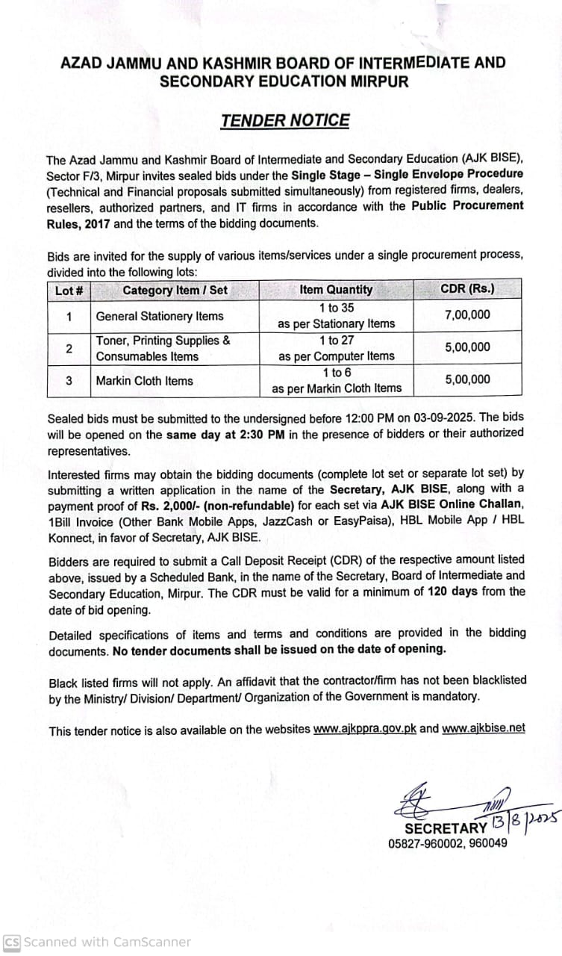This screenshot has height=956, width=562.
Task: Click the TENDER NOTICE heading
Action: (x=285, y=120)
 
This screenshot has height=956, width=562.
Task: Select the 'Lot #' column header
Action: (x=68, y=290)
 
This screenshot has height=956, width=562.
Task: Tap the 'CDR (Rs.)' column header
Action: (x=467, y=289)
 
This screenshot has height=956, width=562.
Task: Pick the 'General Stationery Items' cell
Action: (x=160, y=316)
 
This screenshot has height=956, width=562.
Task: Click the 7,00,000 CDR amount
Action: (x=467, y=314)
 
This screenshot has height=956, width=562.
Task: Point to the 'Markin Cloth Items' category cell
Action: (x=144, y=380)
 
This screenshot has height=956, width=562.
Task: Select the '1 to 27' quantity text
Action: (x=336, y=341)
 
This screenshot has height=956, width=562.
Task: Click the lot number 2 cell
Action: (x=69, y=348)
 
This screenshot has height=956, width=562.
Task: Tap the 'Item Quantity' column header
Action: (x=336, y=290)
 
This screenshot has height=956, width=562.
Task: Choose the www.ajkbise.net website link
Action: (x=484, y=728)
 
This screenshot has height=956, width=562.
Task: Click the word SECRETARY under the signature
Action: (x=446, y=828)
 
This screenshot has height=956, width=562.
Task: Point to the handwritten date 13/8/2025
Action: (x=525, y=821)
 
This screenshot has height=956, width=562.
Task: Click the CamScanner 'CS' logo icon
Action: (x=12, y=942)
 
